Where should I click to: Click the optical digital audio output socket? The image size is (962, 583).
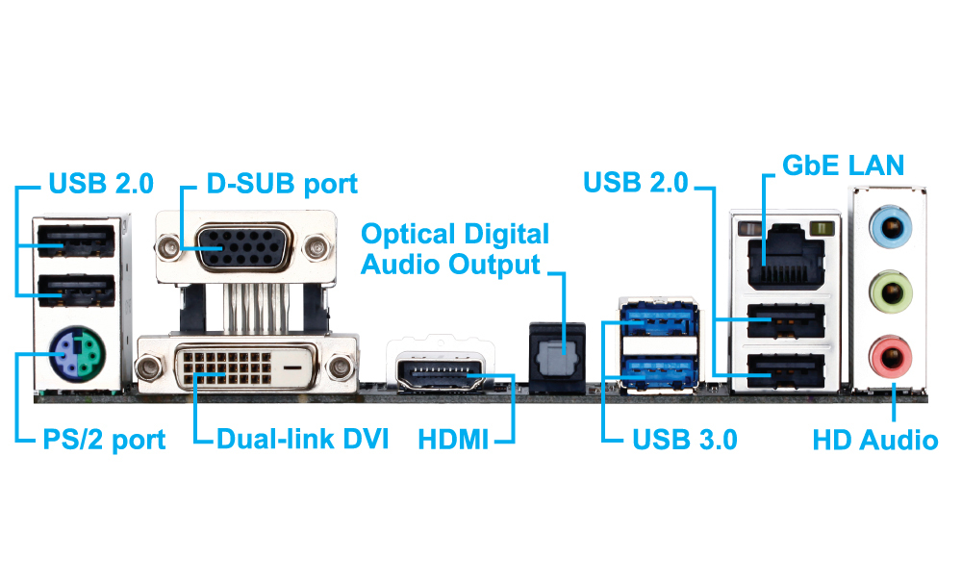(556, 354)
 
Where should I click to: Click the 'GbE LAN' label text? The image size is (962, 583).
(843, 165)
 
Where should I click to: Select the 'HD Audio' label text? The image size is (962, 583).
(874, 440)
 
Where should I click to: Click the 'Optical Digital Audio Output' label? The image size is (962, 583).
(454, 248)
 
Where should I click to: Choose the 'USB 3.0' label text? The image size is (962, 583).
(684, 440)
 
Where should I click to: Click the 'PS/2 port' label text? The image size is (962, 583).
(103, 440)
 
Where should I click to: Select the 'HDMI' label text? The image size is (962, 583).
(453, 440)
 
